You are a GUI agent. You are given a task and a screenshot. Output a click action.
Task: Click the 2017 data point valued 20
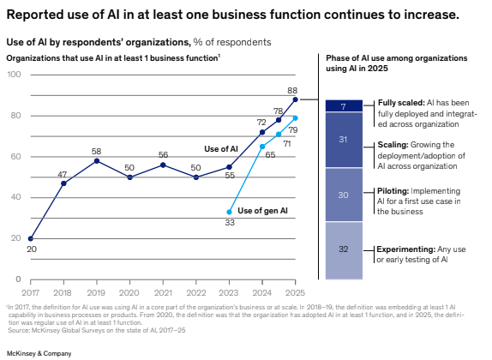31,238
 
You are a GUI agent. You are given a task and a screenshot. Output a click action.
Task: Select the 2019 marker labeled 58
97,160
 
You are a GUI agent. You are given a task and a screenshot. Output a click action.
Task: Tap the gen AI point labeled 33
230,212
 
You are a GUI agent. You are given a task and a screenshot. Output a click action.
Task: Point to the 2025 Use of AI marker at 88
296,99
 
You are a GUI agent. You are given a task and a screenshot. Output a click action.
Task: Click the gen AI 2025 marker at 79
296,117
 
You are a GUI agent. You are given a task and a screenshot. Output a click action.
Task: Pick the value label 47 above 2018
63,174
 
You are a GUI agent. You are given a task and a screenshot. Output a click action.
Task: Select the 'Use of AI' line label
221,148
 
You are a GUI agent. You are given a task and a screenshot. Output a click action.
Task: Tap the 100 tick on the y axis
14,75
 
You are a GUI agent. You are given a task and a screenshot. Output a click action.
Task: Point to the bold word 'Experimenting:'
405,249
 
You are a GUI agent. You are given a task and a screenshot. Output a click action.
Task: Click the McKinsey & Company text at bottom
39,352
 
